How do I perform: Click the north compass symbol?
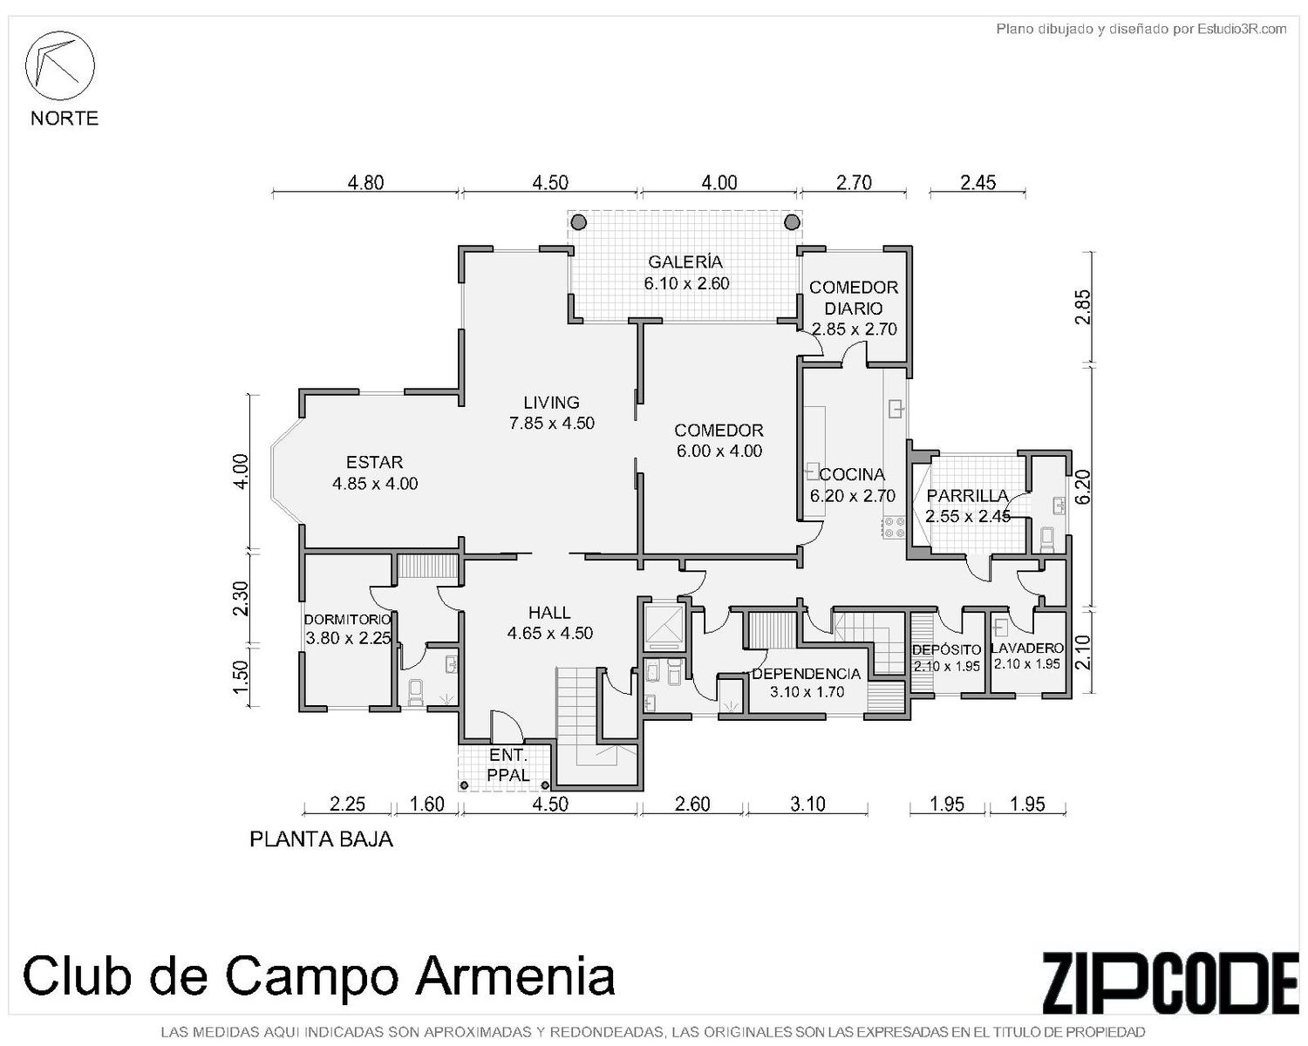tap(59, 65)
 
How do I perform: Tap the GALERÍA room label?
tap(685, 262)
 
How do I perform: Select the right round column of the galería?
tap(792, 222)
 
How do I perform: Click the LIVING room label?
tap(551, 403)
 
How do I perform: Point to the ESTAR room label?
tap(374, 462)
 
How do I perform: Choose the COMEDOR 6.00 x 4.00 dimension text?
tap(719, 451)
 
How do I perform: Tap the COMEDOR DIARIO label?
tap(854, 297)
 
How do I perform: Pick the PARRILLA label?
tap(967, 495)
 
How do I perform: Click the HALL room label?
tap(549, 612)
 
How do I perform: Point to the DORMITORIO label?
tap(347, 620)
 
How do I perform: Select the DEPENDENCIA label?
tap(806, 674)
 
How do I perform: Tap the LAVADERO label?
tap(1026, 648)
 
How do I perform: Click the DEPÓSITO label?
tap(946, 649)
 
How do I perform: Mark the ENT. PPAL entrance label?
tap(508, 765)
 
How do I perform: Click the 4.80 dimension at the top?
tap(365, 182)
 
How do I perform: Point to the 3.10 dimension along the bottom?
tap(807, 804)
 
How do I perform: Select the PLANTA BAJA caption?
tap(321, 839)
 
